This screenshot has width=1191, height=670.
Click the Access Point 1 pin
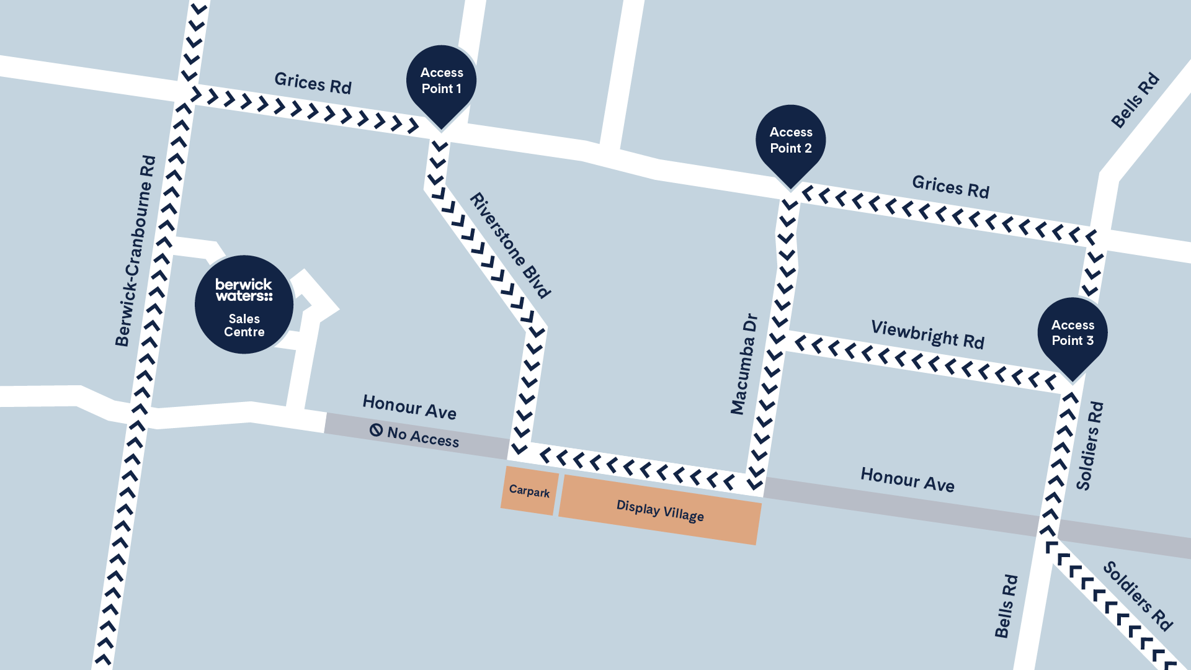pyautogui.click(x=441, y=81)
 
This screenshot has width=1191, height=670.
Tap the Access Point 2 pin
pyautogui.click(x=790, y=141)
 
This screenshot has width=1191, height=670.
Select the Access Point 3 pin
pyautogui.click(x=1073, y=333)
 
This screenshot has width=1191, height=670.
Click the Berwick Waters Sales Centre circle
pyautogui.click(x=244, y=305)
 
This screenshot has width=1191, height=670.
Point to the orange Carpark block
pyautogui.click(x=529, y=491)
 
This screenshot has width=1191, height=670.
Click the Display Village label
pyautogui.click(x=660, y=511)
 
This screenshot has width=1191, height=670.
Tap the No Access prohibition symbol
pyautogui.click(x=376, y=430)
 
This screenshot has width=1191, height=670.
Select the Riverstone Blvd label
pyautogui.click(x=510, y=245)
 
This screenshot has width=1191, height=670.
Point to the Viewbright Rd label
pyautogui.click(x=927, y=334)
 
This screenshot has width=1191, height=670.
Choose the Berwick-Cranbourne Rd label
pyautogui.click(x=135, y=251)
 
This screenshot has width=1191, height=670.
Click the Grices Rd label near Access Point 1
pyautogui.click(x=313, y=83)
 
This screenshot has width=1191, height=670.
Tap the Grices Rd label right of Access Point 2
pyautogui.click(x=950, y=186)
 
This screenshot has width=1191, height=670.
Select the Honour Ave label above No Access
pyautogui.click(x=409, y=407)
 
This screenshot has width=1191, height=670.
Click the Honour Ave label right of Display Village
pyautogui.click(x=907, y=480)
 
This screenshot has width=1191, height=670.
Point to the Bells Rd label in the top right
pyautogui.click(x=1135, y=100)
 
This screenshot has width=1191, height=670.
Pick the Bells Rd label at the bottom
pyautogui.click(x=1006, y=606)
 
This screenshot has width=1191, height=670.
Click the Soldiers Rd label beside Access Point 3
pyautogui.click(x=1090, y=445)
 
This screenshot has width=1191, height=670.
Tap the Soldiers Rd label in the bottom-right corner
pyautogui.click(x=1138, y=596)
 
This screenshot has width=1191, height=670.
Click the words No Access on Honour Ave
pyautogui.click(x=423, y=437)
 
